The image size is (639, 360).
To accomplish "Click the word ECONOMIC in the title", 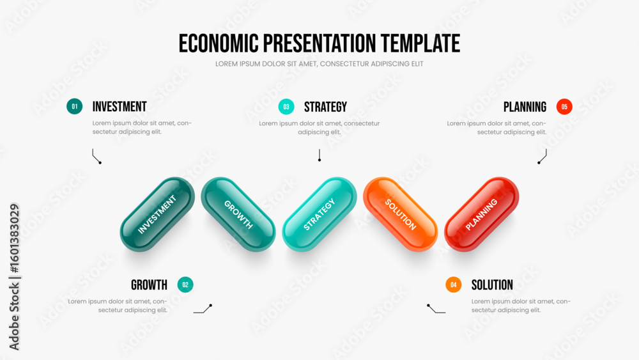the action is (x=219, y=43).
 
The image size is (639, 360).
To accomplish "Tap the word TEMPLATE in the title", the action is (x=420, y=43).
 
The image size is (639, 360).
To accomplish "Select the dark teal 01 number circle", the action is (x=75, y=106).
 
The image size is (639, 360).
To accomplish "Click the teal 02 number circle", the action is (x=185, y=285).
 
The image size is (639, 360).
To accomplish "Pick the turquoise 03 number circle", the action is (x=286, y=107).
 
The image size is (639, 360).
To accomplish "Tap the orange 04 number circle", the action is (x=454, y=285).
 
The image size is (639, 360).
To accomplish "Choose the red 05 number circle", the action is (x=564, y=107).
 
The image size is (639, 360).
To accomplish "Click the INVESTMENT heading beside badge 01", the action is (x=119, y=107).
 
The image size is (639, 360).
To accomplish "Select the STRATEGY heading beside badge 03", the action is (x=326, y=107).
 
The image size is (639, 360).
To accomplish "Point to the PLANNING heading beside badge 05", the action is (x=525, y=107).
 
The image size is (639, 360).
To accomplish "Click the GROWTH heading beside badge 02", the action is (x=149, y=285).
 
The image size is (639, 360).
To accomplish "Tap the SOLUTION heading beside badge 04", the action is (x=492, y=285).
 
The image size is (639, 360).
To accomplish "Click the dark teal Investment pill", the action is (x=157, y=214).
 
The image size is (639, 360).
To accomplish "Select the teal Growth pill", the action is (x=238, y=214).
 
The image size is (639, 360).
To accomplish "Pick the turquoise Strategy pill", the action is (x=319, y=214).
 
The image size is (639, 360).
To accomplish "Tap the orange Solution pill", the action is (x=401, y=214).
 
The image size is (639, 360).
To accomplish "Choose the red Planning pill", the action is (x=482, y=214).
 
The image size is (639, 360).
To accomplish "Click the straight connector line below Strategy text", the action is (x=319, y=155).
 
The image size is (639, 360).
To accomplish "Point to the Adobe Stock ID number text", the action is (x=15, y=239).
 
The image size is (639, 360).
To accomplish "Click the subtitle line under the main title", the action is (x=319, y=64).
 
